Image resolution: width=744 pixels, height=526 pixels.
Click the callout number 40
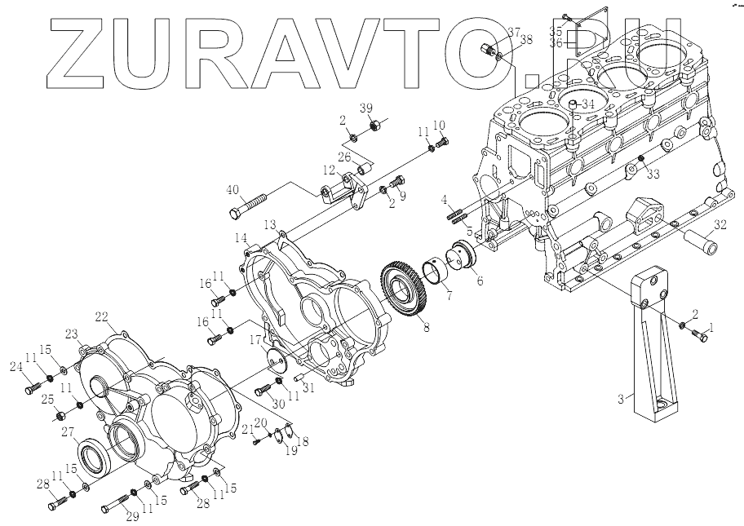(x=232, y=190)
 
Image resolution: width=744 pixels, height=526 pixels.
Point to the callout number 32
(x=719, y=223)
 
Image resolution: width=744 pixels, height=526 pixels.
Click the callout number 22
(x=101, y=316)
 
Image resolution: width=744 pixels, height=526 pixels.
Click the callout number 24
(x=16, y=366)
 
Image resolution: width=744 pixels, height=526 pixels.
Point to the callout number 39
(x=366, y=109)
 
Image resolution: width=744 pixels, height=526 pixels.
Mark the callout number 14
(x=241, y=237)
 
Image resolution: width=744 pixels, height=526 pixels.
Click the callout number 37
(x=514, y=32)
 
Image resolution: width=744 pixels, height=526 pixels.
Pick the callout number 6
(x=479, y=281)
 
